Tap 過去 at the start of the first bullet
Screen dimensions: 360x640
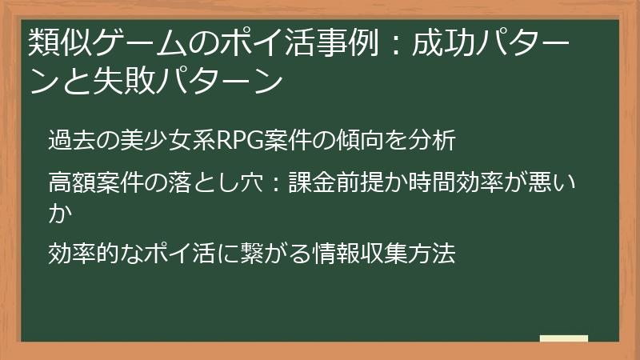point(68,142)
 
